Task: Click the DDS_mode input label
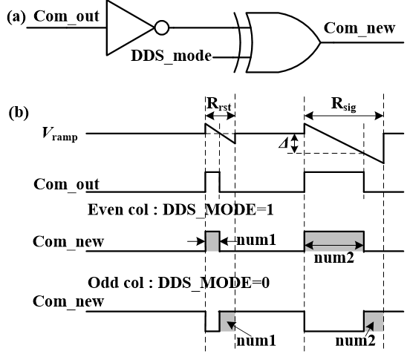pyautogui.click(x=172, y=56)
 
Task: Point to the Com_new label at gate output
pyautogui.click(x=359, y=28)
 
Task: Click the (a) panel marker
pyautogui.click(x=16, y=18)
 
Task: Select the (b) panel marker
pyautogui.click(x=19, y=113)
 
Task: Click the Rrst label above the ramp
pyautogui.click(x=218, y=104)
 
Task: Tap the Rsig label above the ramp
pyautogui.click(x=343, y=104)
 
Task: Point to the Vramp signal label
pyautogui.click(x=59, y=134)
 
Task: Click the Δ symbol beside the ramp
pyautogui.click(x=284, y=143)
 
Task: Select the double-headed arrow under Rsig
pyautogui.click(x=344, y=116)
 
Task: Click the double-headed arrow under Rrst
pyautogui.click(x=220, y=116)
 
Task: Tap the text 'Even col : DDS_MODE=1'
pyautogui.click(x=180, y=209)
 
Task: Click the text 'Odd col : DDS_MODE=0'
pyautogui.click(x=178, y=283)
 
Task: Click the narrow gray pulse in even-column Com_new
pyautogui.click(x=213, y=241)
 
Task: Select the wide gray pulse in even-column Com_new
pyautogui.click(x=334, y=241)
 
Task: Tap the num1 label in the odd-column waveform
pyautogui.click(x=256, y=341)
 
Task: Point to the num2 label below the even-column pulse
pyautogui.click(x=334, y=258)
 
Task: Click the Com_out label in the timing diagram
pyautogui.click(x=66, y=184)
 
